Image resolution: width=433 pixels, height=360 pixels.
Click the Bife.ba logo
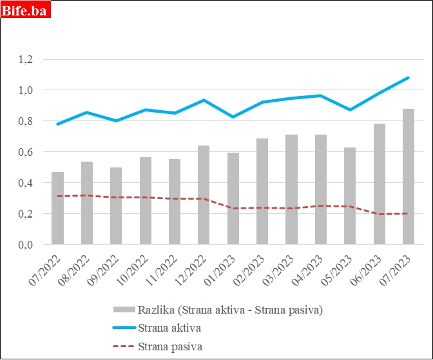point(25,10)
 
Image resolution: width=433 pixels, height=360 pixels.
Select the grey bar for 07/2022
point(58,208)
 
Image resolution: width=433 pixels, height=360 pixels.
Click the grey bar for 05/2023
point(350,196)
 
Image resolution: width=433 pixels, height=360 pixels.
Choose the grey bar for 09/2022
point(116,205)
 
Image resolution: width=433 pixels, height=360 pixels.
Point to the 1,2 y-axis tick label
point(26,60)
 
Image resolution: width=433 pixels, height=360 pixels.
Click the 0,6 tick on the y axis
point(26,152)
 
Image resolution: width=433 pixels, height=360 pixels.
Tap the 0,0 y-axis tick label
point(26,245)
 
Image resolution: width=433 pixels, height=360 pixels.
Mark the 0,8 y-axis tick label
point(26,121)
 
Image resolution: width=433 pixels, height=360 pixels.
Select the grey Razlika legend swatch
point(123,310)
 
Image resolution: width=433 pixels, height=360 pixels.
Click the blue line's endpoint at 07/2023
point(409,78)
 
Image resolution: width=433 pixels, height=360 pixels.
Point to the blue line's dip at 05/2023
point(350,109)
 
